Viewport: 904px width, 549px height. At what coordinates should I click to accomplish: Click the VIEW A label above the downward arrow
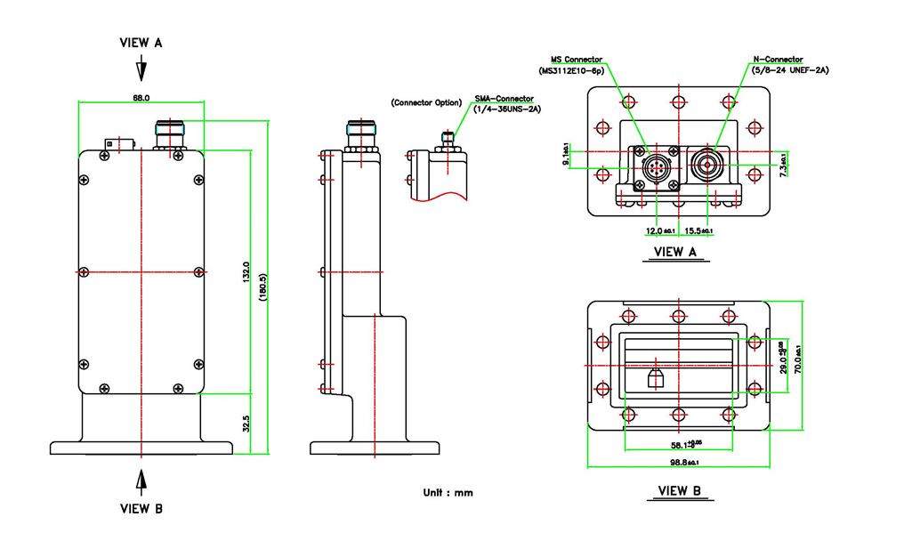point(141,43)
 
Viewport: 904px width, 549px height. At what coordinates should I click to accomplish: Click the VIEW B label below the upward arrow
point(141,509)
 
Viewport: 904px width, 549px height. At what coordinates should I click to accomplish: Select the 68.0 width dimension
point(141,97)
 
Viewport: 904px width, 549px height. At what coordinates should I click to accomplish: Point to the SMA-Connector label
point(504,99)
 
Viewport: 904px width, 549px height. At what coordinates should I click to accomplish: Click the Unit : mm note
point(448,492)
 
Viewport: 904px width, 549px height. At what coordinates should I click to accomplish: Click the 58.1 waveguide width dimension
point(682,444)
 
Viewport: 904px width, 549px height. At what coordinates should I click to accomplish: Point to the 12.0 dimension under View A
point(660,230)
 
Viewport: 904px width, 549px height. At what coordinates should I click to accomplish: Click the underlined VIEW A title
point(675,252)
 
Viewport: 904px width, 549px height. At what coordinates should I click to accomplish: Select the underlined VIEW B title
point(680,490)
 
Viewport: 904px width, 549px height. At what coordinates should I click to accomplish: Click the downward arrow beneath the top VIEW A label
point(141,70)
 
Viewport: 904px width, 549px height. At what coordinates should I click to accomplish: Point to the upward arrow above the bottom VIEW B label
point(141,480)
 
